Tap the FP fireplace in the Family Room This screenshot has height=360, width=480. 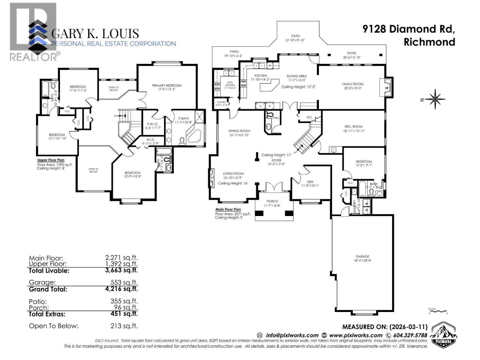(387, 88)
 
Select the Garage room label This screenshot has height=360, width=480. (362, 256)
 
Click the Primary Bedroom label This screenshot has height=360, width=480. (166, 85)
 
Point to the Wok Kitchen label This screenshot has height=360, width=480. (230, 84)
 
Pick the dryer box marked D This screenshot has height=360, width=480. (367, 211)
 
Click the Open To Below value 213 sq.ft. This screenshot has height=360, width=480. (124, 326)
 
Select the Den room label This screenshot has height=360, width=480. (310, 182)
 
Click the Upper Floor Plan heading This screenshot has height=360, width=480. (51, 160)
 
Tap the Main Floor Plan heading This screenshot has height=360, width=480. (228, 209)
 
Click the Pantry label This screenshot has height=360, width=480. (221, 102)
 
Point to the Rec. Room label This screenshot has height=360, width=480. (354, 127)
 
